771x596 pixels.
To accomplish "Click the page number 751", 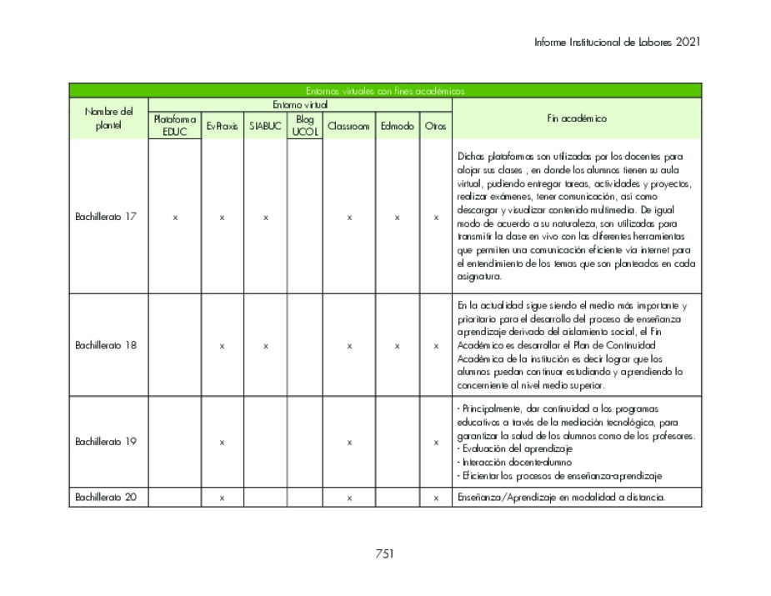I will [x=384, y=553].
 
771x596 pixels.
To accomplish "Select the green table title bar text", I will [x=384, y=91].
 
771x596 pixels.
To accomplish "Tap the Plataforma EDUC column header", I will [x=175, y=126].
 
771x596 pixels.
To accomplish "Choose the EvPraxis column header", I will [x=222, y=127].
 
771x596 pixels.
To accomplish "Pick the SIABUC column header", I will [x=265, y=127].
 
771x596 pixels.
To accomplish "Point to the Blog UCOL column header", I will [x=304, y=126].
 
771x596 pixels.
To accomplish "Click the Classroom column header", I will [x=348, y=127].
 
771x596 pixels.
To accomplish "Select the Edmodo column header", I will [x=397, y=127].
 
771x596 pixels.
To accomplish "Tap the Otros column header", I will [x=435, y=127].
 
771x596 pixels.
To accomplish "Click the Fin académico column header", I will [x=577, y=118].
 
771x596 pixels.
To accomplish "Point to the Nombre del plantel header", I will [x=108, y=118].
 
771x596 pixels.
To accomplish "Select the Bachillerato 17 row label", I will [x=106, y=217].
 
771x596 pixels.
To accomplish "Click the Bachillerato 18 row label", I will [x=106, y=345].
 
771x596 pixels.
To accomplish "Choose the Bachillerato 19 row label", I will [x=106, y=442].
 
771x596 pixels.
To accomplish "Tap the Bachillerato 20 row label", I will [x=106, y=498].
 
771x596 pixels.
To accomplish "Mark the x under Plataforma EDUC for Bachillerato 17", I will [x=175, y=218].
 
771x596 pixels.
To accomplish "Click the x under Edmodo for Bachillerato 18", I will [x=397, y=346].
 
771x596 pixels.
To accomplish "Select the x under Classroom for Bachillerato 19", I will [x=349, y=443].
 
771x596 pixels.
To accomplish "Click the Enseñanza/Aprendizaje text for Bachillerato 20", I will [x=559, y=498].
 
